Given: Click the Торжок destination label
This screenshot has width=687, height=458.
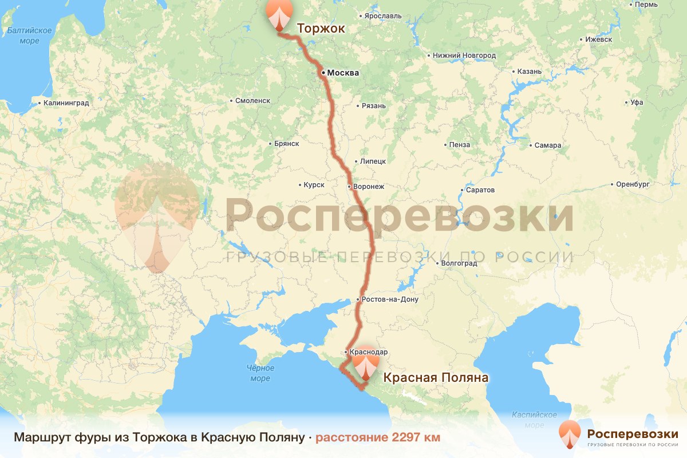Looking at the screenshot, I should tap(321, 27).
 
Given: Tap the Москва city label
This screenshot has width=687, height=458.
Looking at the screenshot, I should tap(343, 73).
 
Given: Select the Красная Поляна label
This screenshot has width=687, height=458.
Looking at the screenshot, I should tap(435, 378).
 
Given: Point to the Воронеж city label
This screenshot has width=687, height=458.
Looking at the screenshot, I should tap(369, 187).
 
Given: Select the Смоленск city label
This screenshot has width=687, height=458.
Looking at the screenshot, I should tap(252, 100).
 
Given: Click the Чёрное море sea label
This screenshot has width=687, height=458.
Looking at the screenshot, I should tap(260, 373).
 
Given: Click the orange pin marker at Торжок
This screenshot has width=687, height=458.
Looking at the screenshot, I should tap(279, 14).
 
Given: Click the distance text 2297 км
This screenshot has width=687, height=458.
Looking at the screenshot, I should tap(378, 437).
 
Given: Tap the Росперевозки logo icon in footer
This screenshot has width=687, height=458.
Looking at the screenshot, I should tap(570, 435).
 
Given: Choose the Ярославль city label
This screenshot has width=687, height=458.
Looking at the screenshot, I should tap(382, 15).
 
